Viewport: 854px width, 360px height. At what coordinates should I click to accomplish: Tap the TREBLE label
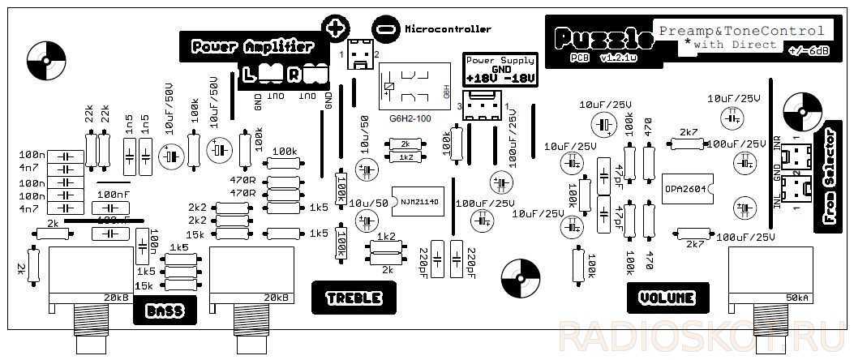click(x=354, y=298)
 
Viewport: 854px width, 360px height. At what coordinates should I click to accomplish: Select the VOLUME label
click(x=667, y=298)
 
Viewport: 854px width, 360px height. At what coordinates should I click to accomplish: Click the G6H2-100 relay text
click(x=410, y=118)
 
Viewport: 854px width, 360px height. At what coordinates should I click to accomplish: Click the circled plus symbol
click(x=334, y=27)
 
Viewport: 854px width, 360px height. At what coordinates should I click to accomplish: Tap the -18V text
click(x=519, y=78)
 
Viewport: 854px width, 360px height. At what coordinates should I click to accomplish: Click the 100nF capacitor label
click(x=112, y=195)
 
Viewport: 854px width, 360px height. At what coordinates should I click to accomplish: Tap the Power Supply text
click(x=500, y=60)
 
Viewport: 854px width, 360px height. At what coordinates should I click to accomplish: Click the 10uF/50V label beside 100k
click(x=170, y=106)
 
